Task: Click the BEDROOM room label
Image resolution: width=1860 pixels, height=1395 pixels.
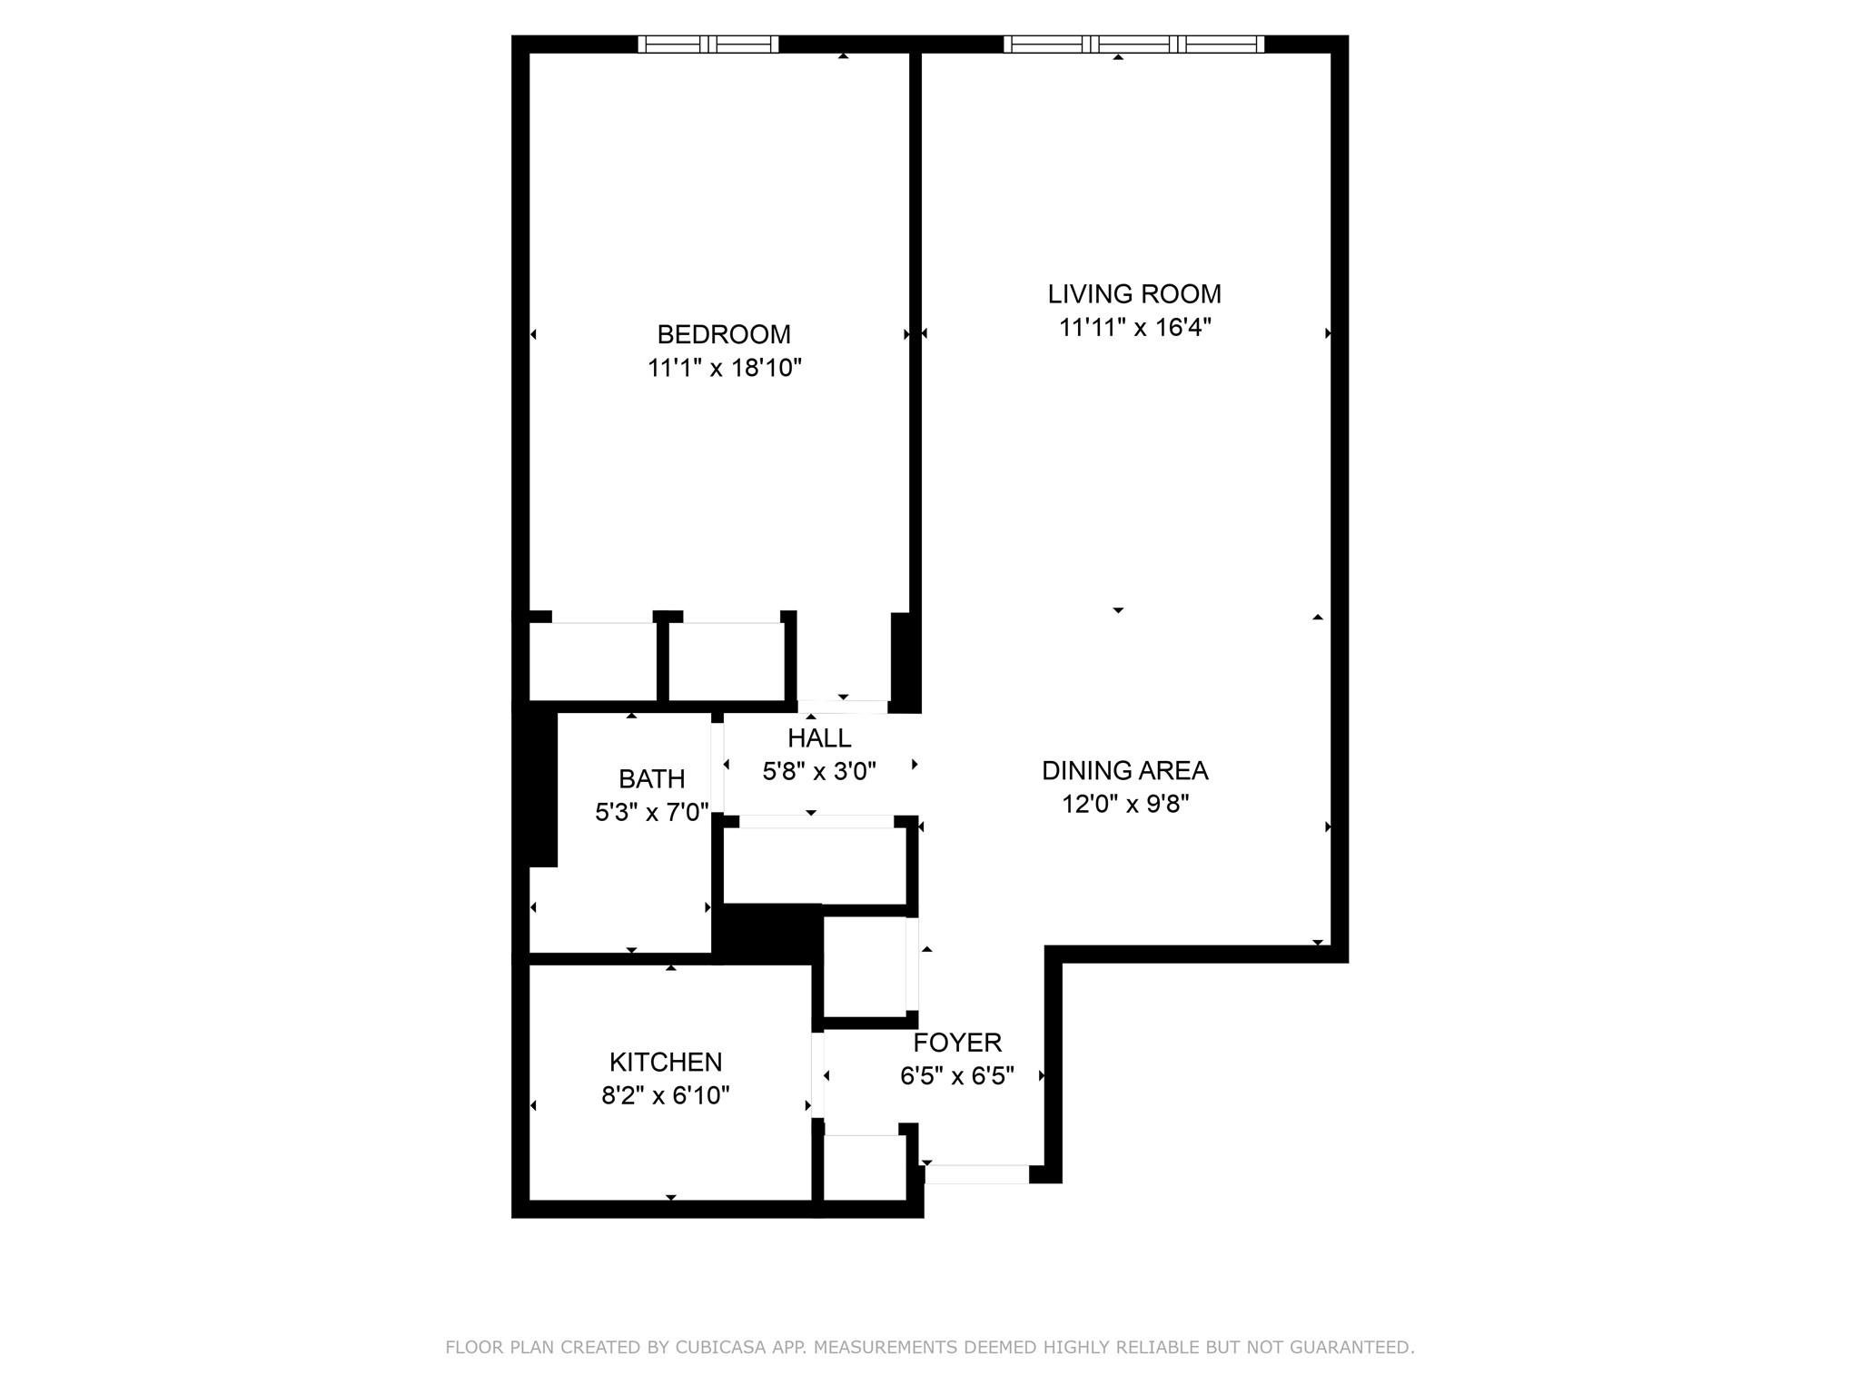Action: coord(724,334)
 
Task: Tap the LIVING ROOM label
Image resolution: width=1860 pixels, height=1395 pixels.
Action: coord(1134,294)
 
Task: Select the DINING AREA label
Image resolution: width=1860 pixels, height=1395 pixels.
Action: coord(1124,770)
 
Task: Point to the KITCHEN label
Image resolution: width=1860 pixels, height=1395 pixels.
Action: coord(666,1062)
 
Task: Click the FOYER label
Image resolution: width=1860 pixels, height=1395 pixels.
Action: coord(957,1042)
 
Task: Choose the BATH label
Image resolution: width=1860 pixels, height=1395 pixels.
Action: coord(651,778)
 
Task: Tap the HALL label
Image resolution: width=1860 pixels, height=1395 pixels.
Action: coord(819,737)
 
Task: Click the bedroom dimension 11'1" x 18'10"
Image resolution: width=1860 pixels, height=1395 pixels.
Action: coord(724,368)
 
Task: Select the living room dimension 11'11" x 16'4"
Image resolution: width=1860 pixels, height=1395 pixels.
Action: coord(1134,327)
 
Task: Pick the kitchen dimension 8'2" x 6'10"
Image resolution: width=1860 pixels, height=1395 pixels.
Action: coord(666,1095)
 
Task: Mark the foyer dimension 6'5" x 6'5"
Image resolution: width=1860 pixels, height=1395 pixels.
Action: coord(957,1075)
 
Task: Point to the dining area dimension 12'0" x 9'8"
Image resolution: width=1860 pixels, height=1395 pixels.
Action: coord(1124,804)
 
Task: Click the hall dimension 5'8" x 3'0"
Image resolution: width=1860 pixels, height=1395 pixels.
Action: coord(819,771)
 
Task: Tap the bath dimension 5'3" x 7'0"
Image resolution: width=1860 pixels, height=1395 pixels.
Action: coord(651,812)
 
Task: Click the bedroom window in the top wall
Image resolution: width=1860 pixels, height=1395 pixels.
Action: coord(708,44)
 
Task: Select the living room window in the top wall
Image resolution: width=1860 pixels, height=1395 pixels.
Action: coord(1133,44)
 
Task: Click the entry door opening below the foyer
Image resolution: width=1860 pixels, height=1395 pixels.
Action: coord(976,1174)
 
